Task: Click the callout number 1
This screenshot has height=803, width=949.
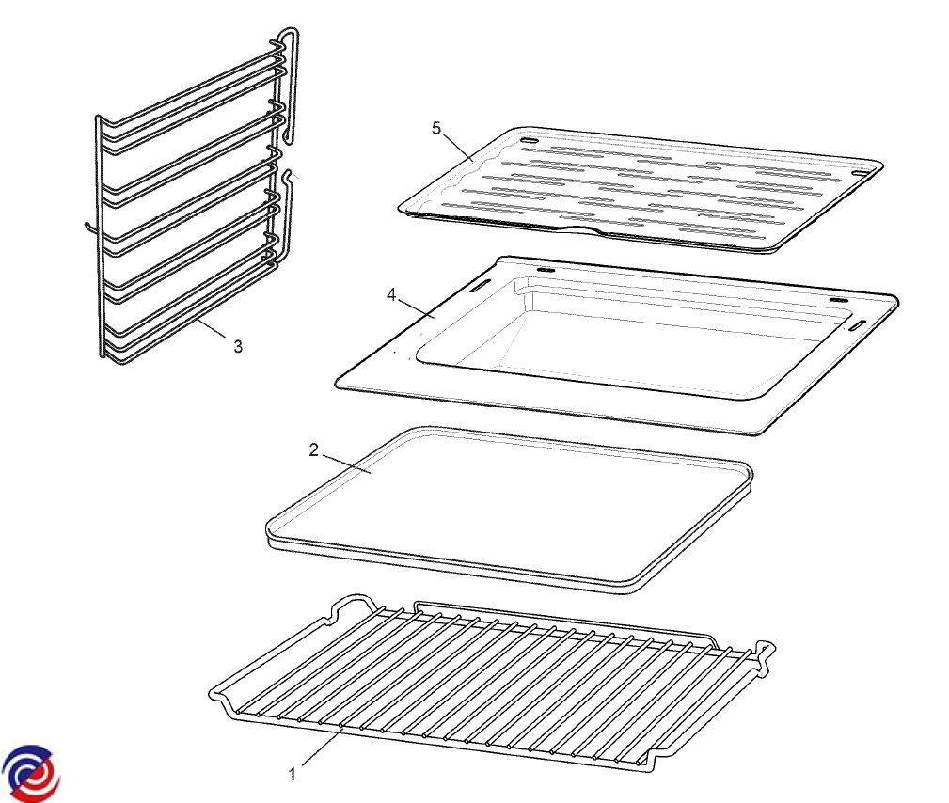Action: [x=293, y=774]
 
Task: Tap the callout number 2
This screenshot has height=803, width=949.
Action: [x=313, y=450]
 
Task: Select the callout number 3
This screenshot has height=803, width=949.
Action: [x=239, y=346]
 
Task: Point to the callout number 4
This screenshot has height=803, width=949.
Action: [x=391, y=295]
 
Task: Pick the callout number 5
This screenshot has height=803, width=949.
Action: [x=437, y=128]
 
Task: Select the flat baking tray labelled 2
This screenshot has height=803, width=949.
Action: [x=510, y=510]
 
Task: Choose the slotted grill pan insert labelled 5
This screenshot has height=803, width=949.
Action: [x=641, y=189]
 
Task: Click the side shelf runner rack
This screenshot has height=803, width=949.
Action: [x=194, y=197]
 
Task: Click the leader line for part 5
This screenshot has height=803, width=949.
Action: [x=457, y=146]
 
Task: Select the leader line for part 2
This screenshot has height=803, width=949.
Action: [x=345, y=464]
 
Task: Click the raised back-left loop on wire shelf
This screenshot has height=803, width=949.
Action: [x=350, y=604]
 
